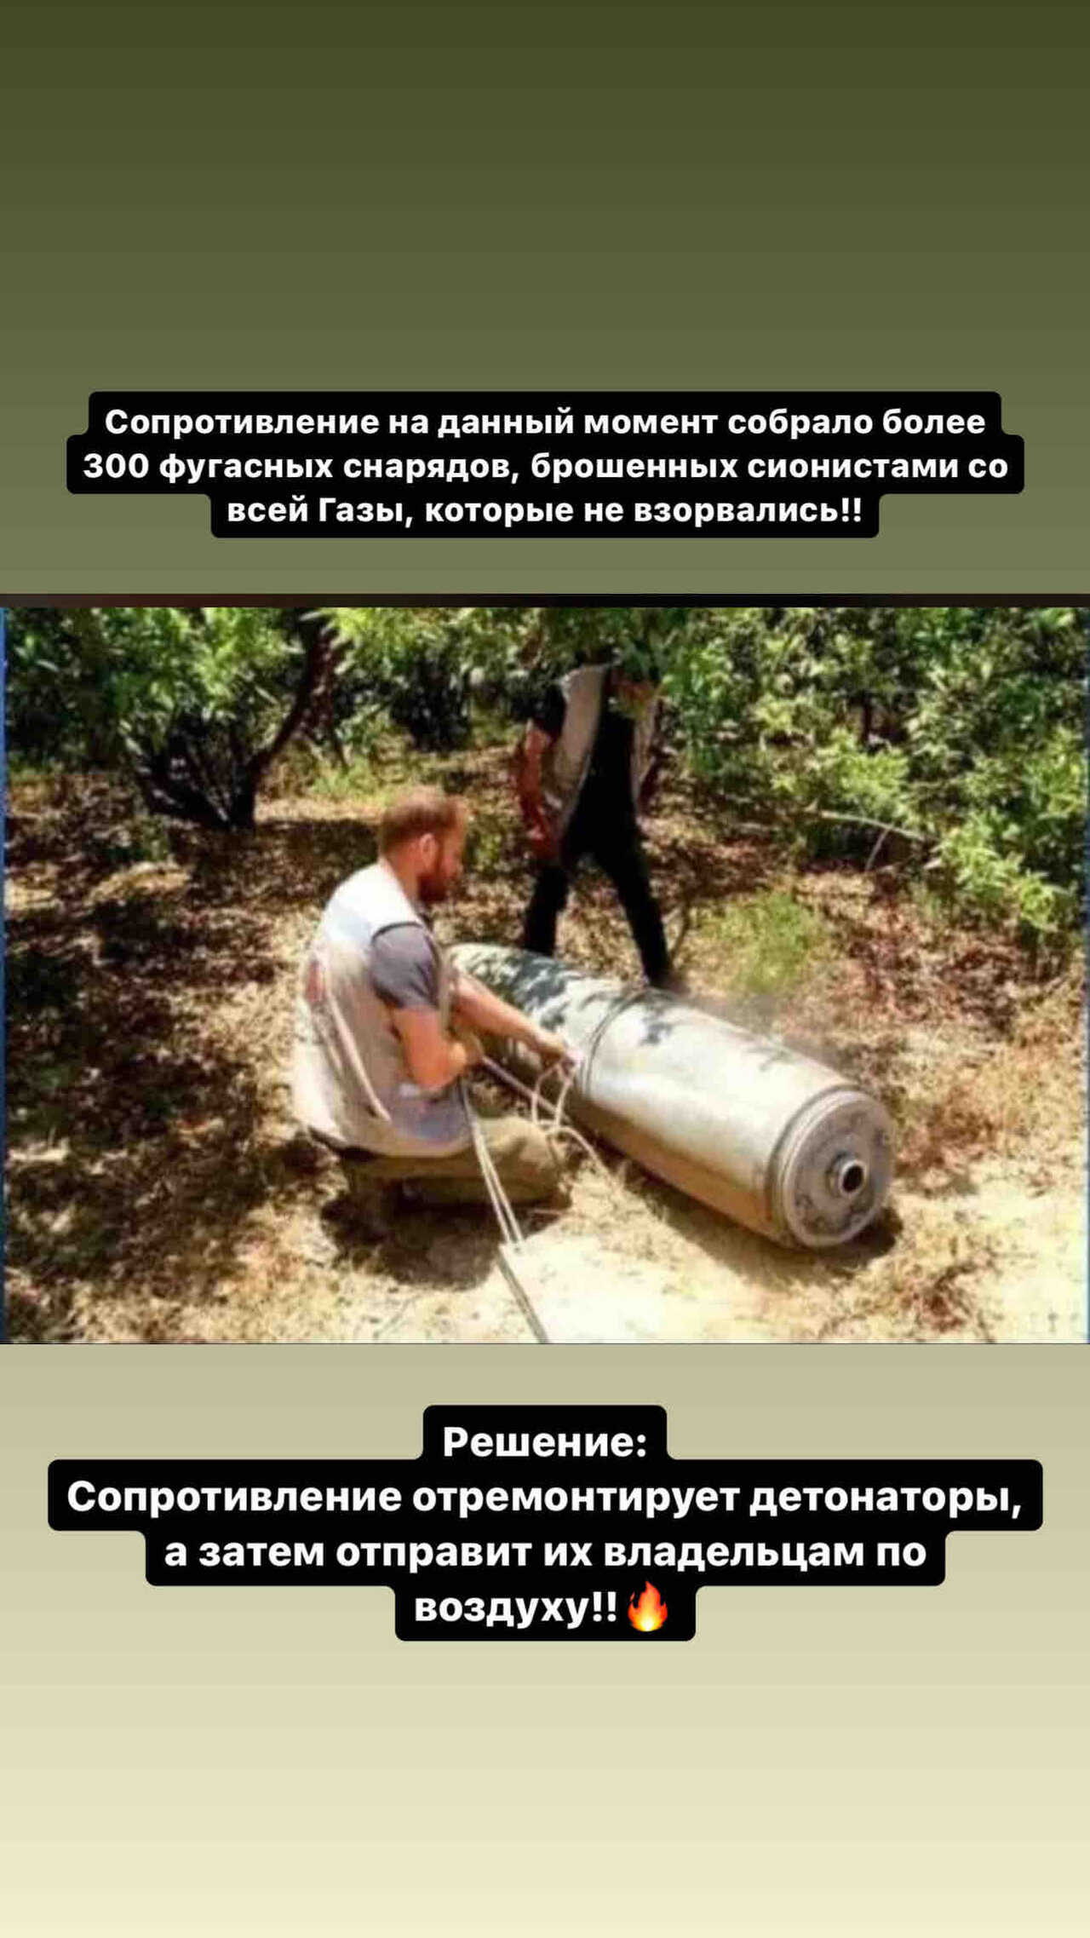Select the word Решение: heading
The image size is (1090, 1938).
[545, 1441]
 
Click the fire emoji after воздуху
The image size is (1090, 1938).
[648, 1607]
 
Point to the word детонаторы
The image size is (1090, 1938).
[886, 1497]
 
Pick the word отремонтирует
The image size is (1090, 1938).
[575, 1497]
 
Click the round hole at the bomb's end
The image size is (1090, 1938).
[848, 1177]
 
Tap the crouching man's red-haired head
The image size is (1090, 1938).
[422, 843]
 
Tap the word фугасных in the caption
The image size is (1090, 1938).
[246, 466]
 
